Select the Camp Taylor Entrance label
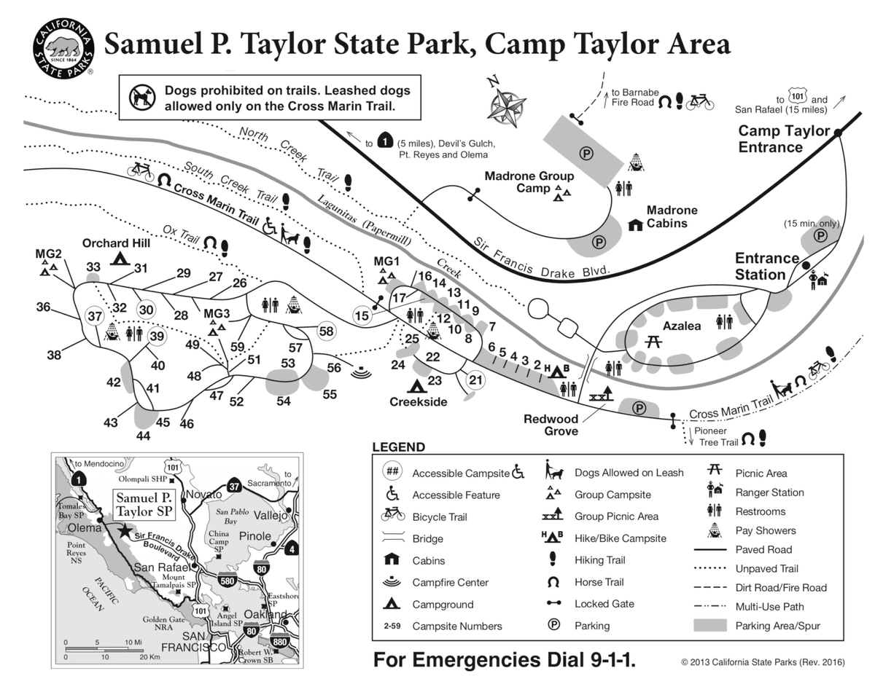point(784,138)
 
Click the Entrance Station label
point(766,266)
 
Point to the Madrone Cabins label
point(672,216)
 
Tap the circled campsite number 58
point(326,331)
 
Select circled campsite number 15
point(362,315)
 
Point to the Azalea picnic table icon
point(653,341)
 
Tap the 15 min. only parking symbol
point(820,236)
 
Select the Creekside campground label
point(418,402)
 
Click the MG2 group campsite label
point(48,253)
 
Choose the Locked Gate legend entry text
point(604,604)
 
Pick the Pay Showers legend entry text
point(765,530)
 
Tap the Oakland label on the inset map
point(262,614)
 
